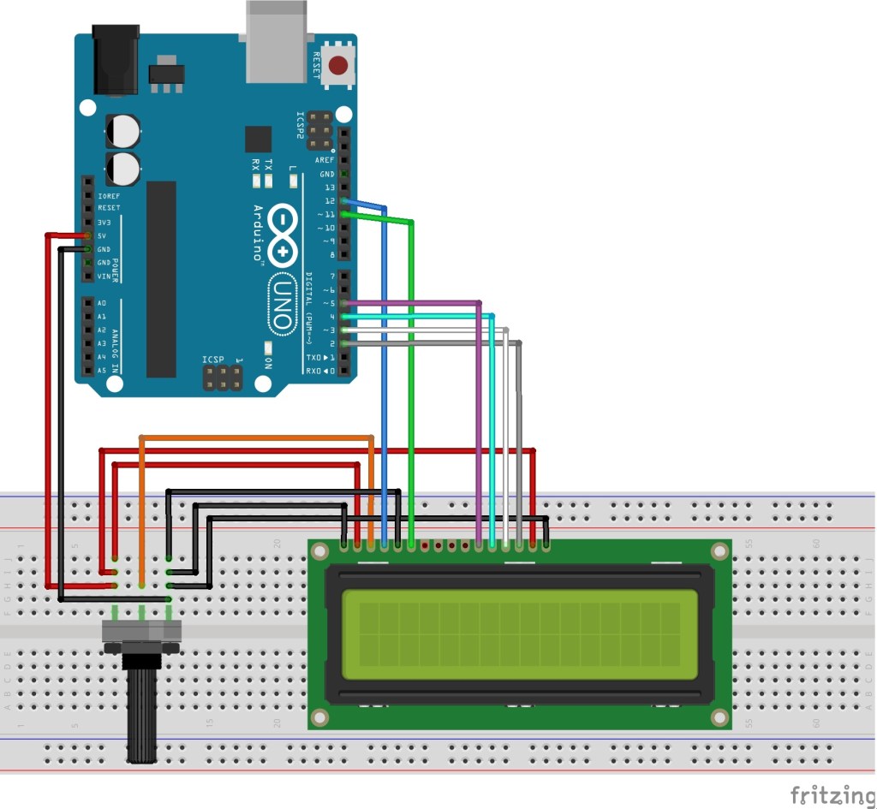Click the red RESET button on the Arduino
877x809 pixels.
(x=340, y=65)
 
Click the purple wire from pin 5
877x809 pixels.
(x=478, y=411)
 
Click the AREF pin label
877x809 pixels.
(x=325, y=160)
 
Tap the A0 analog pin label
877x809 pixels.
(x=102, y=303)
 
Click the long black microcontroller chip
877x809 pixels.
(x=161, y=278)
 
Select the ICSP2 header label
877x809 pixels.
(x=301, y=129)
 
